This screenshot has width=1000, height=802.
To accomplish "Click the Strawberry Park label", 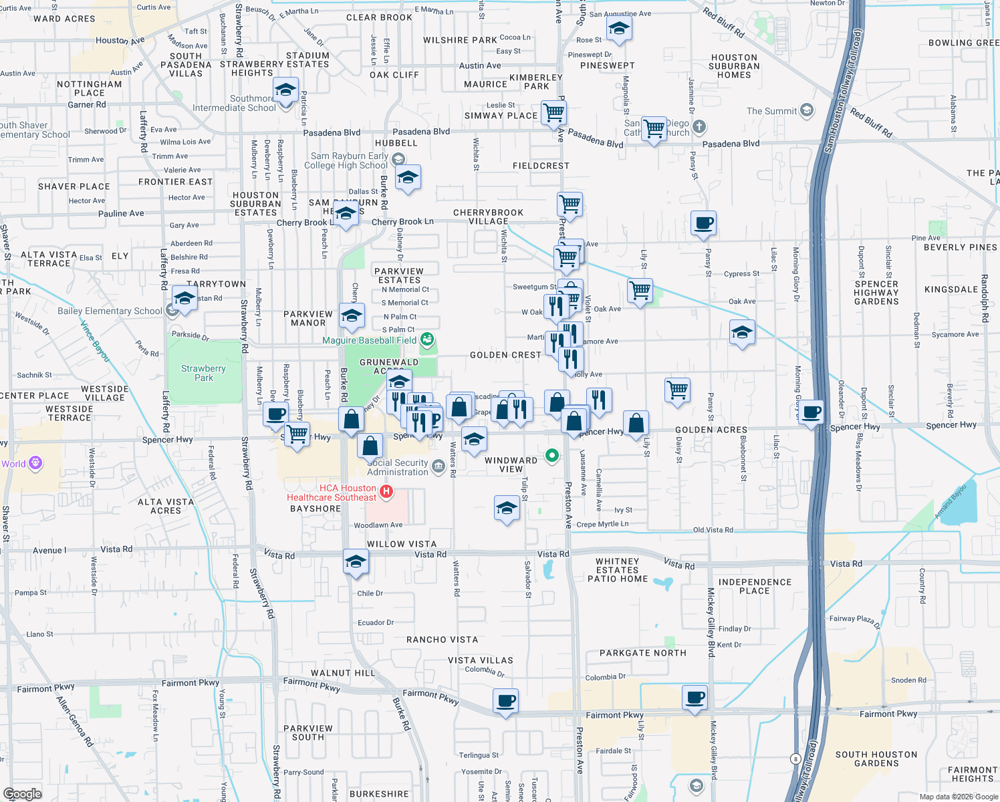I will [203, 373].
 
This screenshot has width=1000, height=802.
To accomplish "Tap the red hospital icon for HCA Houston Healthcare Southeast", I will [386, 493].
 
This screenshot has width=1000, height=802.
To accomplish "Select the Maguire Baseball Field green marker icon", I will [427, 340].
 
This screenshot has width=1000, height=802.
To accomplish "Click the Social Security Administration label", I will [398, 467].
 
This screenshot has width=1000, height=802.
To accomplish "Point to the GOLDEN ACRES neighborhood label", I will [711, 430].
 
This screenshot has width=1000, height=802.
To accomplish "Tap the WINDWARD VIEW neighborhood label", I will [511, 464].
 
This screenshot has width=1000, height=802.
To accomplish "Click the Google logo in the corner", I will [22, 793].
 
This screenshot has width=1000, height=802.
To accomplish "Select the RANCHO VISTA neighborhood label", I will [442, 640].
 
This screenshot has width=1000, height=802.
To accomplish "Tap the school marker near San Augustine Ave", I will [619, 29].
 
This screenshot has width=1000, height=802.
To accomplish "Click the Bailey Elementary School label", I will [110, 311].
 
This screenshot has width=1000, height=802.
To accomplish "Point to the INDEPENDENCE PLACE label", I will [755, 586].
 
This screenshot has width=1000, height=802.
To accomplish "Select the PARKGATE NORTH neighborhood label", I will [642, 653].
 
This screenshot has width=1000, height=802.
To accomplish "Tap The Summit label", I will [771, 111].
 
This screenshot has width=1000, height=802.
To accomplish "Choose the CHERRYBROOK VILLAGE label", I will [488, 217].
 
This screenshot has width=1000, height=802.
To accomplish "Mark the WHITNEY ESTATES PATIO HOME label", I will [617, 570].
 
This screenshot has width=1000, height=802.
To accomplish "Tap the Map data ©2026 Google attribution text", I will [957, 796].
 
